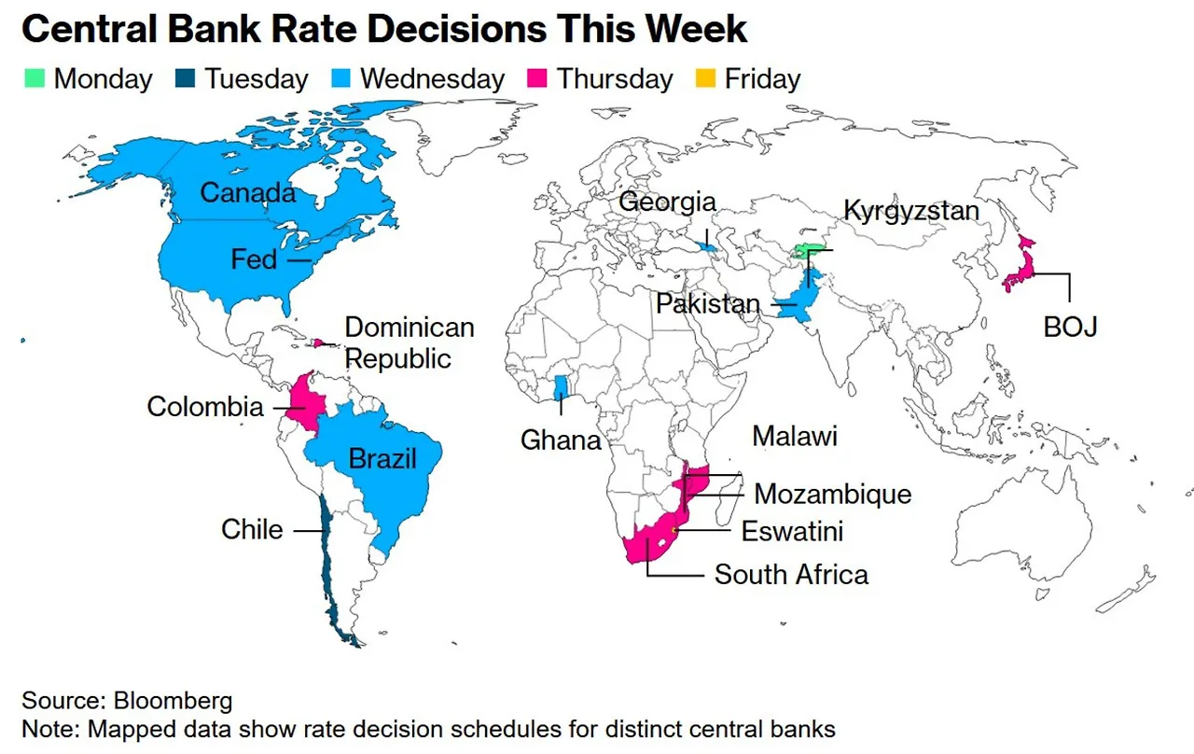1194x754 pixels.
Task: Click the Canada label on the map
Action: (x=247, y=193)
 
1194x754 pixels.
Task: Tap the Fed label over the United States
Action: (x=254, y=258)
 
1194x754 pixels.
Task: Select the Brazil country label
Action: (x=382, y=458)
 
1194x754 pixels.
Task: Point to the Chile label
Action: (x=252, y=529)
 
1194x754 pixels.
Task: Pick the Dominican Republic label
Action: (x=410, y=342)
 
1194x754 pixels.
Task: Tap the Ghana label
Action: (x=561, y=440)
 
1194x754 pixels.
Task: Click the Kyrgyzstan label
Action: (x=911, y=210)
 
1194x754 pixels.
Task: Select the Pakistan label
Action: (x=708, y=304)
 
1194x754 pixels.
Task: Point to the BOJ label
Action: (x=1070, y=327)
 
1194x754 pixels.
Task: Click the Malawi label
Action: (x=795, y=436)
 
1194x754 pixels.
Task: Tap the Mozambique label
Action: (x=833, y=494)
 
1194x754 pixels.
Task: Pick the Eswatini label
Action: (x=792, y=531)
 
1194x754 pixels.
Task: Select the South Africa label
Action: (x=791, y=574)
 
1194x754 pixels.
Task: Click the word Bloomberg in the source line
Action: (x=174, y=700)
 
